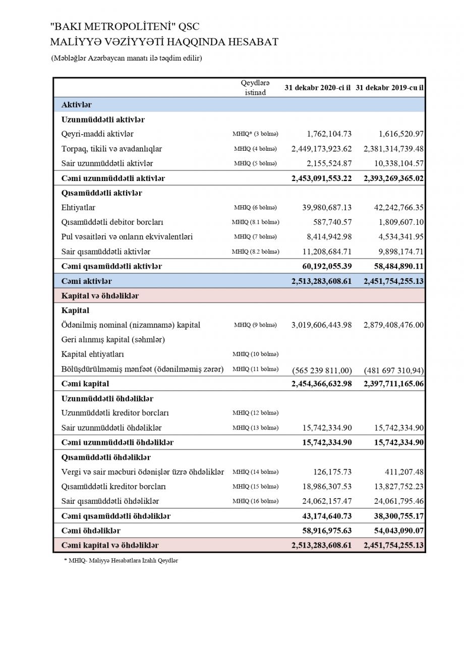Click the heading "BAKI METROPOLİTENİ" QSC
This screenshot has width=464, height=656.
click(x=125, y=27)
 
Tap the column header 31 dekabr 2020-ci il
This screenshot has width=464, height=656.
click(x=317, y=87)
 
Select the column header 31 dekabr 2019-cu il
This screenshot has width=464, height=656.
click(x=389, y=87)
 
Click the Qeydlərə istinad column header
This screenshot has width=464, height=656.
click(x=255, y=88)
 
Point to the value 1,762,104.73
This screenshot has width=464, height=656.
click(x=329, y=134)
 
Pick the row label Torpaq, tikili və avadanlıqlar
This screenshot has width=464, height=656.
click(x=111, y=149)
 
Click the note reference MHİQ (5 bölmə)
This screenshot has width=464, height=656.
click(x=255, y=163)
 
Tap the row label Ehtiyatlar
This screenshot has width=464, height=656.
click(x=78, y=207)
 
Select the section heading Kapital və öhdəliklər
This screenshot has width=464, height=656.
click(x=100, y=296)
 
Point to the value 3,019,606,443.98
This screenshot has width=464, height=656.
click(x=321, y=325)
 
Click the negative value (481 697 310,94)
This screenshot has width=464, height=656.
click(x=393, y=371)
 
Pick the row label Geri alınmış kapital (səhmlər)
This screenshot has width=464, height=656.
click(x=113, y=340)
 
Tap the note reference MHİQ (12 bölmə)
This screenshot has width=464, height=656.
click(x=255, y=413)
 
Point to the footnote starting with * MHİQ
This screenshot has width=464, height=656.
click(x=121, y=561)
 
